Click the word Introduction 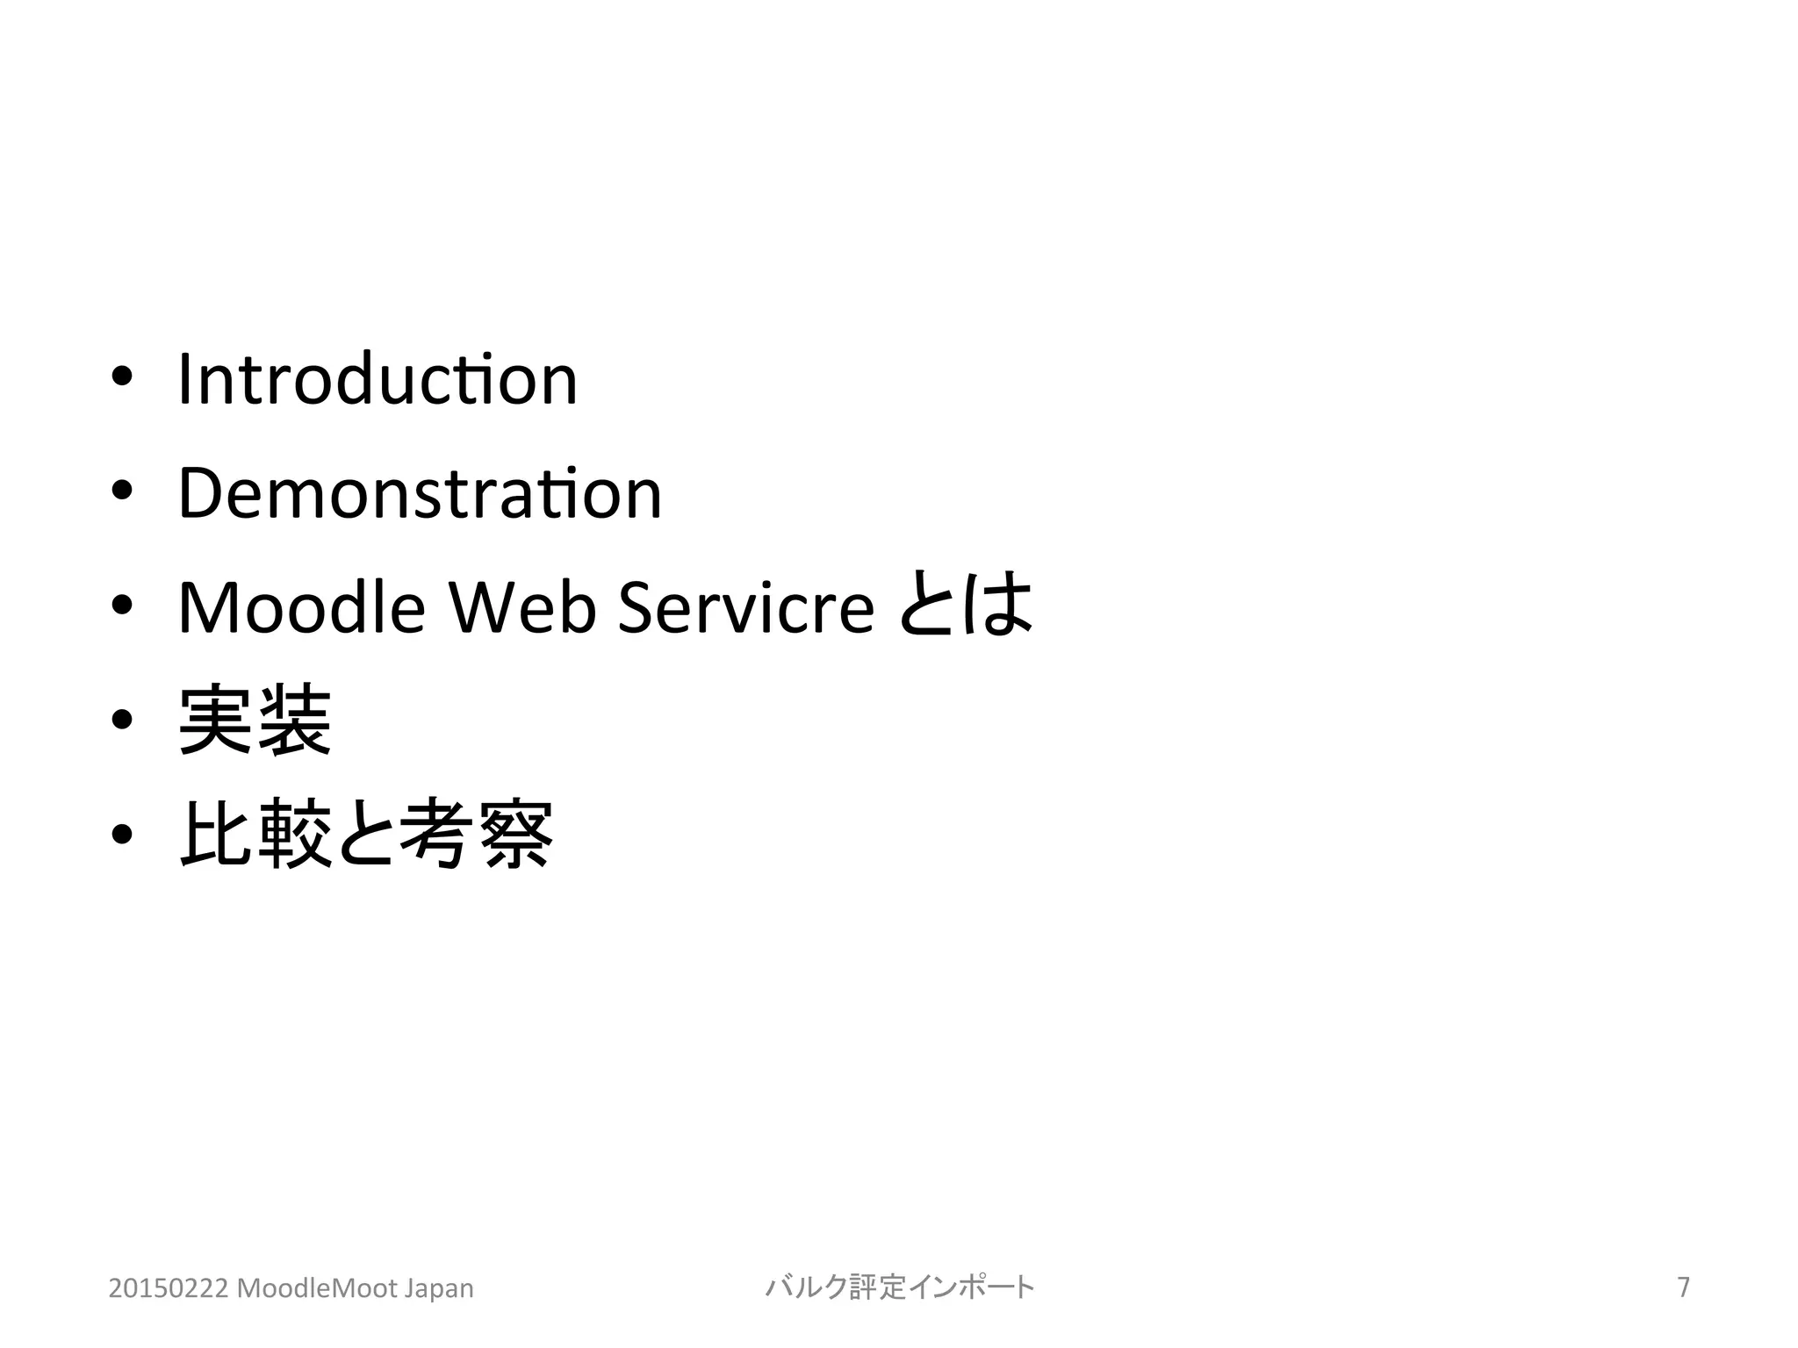378,380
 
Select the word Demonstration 420,493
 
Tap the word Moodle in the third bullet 301,607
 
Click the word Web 522,607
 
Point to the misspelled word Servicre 746,607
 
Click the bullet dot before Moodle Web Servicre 122,606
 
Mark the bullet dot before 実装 122,721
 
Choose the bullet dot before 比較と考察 122,834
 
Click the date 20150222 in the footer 169,1288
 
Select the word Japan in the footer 438,1288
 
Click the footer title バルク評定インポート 900,1287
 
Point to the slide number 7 1683,1287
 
